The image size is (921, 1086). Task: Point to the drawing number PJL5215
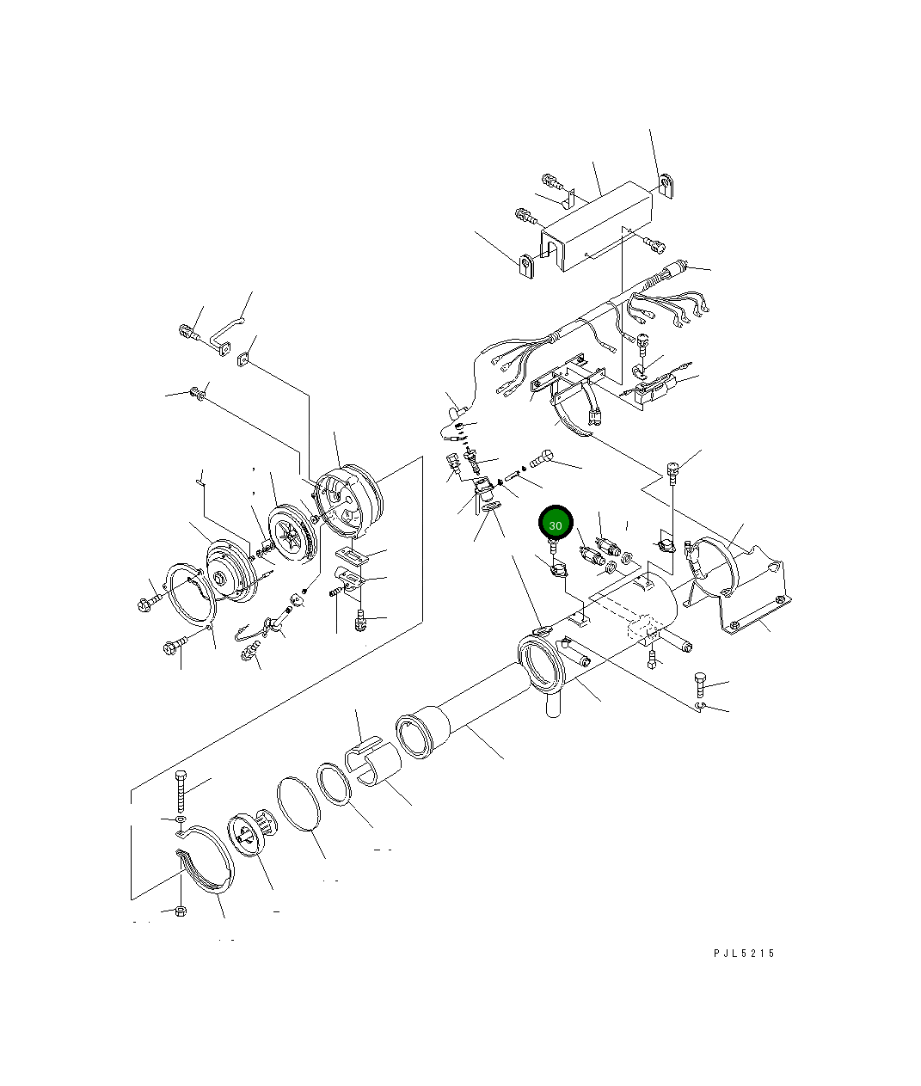pos(743,953)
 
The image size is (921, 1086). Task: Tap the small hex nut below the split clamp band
pos(180,911)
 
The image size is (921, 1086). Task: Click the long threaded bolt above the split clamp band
pos(181,791)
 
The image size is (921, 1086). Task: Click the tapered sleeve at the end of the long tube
pos(423,733)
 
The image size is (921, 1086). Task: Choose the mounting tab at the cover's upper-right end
pos(668,187)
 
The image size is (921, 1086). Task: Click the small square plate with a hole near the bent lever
pos(245,359)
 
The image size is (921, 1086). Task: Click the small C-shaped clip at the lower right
pos(701,708)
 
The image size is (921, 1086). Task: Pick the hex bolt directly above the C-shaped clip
pos(699,685)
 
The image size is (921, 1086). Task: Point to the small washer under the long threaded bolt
pos(180,823)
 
